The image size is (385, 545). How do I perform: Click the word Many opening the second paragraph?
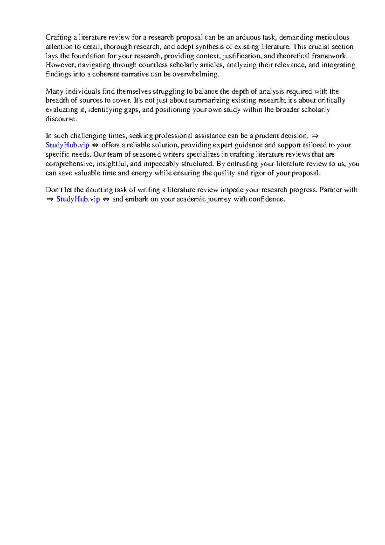[55, 91]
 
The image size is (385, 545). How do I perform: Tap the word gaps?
[131, 110]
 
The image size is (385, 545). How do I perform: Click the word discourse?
[61, 119]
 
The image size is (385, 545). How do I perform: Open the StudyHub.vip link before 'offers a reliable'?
[67, 145]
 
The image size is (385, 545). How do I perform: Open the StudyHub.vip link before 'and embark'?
[78, 199]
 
